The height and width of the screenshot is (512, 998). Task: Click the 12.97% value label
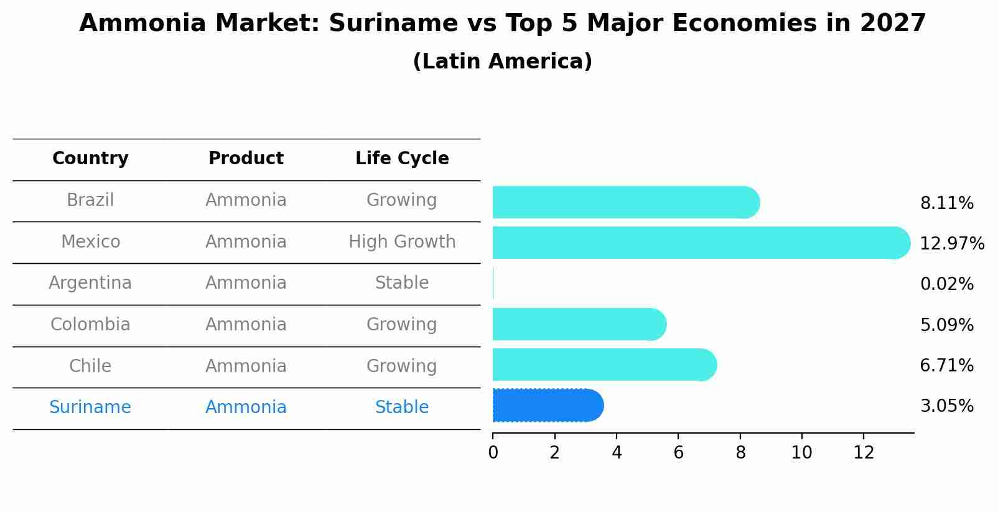[951, 243]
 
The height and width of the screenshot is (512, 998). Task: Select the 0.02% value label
[946, 284]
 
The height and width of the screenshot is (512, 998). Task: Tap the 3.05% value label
[946, 406]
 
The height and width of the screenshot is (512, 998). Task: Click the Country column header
[90, 159]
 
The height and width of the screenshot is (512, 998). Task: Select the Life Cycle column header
[402, 159]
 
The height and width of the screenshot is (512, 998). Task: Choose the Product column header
[246, 159]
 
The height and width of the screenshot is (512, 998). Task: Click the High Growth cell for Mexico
[402, 241]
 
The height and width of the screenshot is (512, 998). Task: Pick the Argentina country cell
[90, 283]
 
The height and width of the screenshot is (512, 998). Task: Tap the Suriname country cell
[90, 407]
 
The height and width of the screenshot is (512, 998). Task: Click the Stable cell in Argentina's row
[402, 283]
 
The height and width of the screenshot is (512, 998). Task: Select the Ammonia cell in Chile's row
[246, 366]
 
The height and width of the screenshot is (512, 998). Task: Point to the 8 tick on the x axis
[740, 452]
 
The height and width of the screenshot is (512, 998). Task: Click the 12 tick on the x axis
[864, 452]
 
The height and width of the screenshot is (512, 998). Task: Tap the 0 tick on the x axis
[493, 452]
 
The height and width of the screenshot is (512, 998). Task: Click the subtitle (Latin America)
[502, 61]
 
